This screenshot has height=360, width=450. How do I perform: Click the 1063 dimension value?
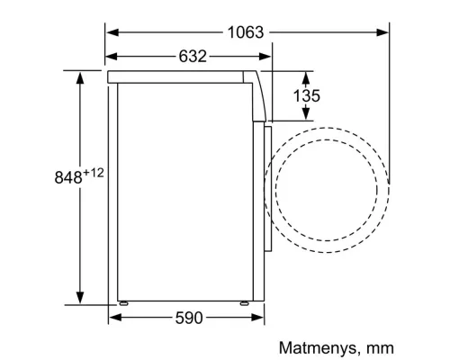pos(246,32)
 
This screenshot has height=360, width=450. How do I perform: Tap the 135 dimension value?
pos(308,95)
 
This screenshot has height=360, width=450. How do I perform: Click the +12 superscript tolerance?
pos(96,171)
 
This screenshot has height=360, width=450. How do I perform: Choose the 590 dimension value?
pos(189,318)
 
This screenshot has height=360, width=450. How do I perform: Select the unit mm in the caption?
pos(381,346)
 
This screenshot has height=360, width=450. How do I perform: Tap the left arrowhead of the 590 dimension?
pos(113,318)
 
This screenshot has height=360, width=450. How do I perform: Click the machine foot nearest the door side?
pos(243,303)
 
